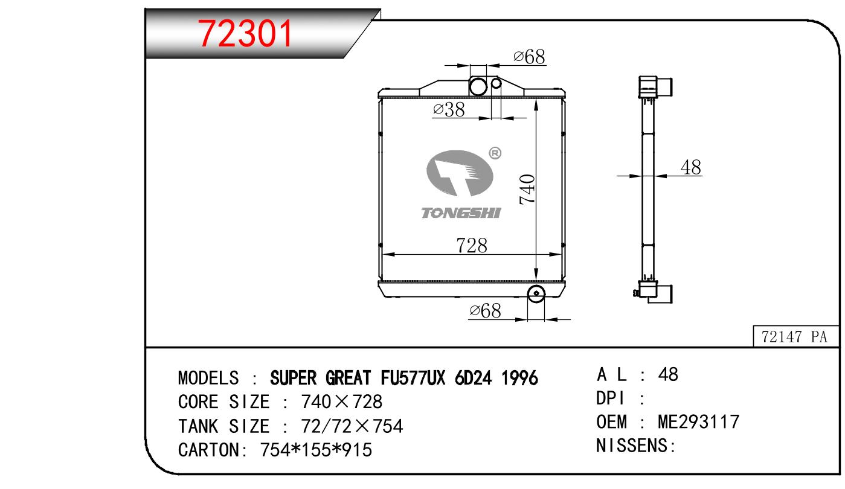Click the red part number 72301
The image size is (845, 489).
click(x=245, y=34)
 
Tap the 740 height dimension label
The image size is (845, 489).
click(x=527, y=190)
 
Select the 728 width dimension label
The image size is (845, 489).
click(x=472, y=246)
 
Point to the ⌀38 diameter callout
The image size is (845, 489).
click(x=449, y=110)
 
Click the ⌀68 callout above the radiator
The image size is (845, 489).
click(x=529, y=57)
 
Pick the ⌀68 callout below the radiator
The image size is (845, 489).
click(x=485, y=311)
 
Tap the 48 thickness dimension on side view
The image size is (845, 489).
click(x=691, y=167)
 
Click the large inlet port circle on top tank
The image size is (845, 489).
click(x=478, y=86)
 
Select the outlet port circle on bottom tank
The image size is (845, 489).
click(x=536, y=293)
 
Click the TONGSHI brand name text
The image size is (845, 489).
click(x=461, y=213)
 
